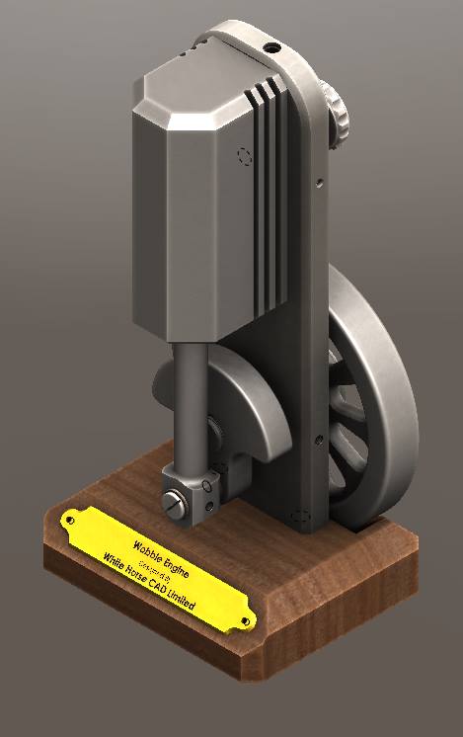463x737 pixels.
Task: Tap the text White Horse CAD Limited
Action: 149,580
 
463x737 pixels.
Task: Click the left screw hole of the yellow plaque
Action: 70,518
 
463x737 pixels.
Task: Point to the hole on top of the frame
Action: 270,46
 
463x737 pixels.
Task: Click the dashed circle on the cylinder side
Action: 245,155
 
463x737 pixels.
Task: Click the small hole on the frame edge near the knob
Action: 319,181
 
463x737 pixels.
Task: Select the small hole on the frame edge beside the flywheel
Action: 317,442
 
